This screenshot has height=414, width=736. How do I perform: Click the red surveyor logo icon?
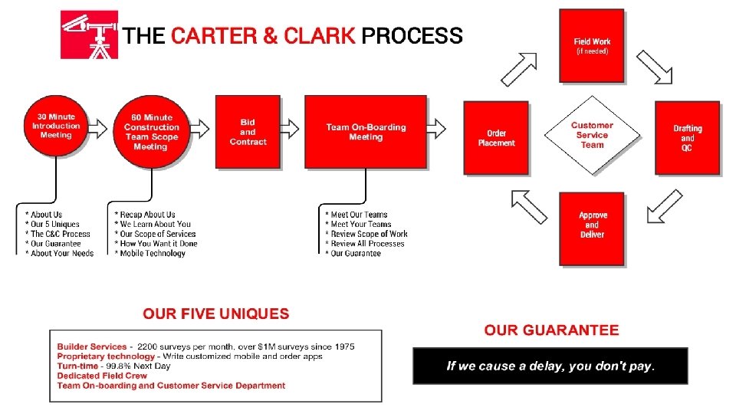(89, 34)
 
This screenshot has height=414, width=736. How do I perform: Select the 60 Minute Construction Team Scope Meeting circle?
(151, 131)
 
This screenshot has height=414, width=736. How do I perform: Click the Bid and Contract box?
(248, 131)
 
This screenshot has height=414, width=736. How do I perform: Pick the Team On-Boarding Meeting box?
(365, 131)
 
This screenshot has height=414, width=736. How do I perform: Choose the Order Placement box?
(496, 137)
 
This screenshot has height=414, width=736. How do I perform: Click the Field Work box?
(591, 45)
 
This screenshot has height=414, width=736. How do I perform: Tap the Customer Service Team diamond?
(592, 135)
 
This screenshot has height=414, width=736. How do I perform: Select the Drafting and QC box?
(687, 137)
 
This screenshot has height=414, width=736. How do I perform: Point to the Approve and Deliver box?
(592, 227)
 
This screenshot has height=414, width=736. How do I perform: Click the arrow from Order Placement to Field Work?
(518, 69)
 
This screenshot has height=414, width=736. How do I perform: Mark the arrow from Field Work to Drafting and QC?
(654, 67)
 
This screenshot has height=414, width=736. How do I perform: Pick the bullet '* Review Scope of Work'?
(366, 234)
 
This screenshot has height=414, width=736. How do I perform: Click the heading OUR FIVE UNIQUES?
(215, 314)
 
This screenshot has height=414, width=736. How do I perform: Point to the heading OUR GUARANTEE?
(551, 330)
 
